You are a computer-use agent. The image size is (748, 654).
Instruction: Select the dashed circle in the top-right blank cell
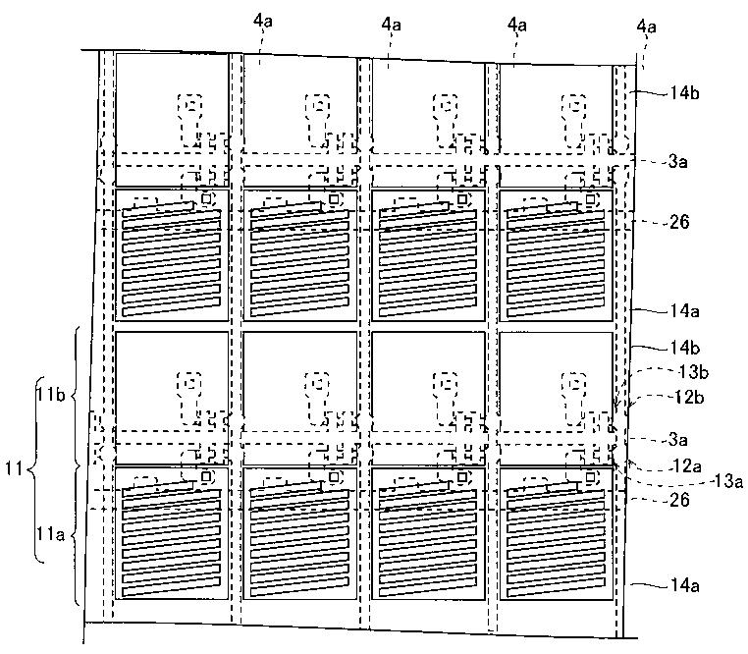572,106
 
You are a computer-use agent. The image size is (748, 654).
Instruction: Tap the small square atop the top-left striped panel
206,199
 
